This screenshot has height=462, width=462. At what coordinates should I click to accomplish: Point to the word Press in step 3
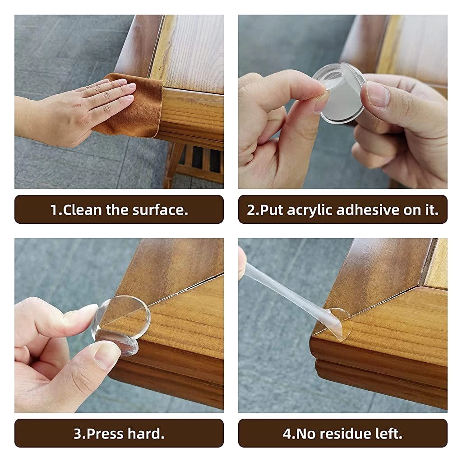pos(105,434)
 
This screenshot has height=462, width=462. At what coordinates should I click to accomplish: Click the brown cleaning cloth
pos(131,108)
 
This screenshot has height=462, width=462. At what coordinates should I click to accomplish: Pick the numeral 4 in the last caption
pos(287,434)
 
